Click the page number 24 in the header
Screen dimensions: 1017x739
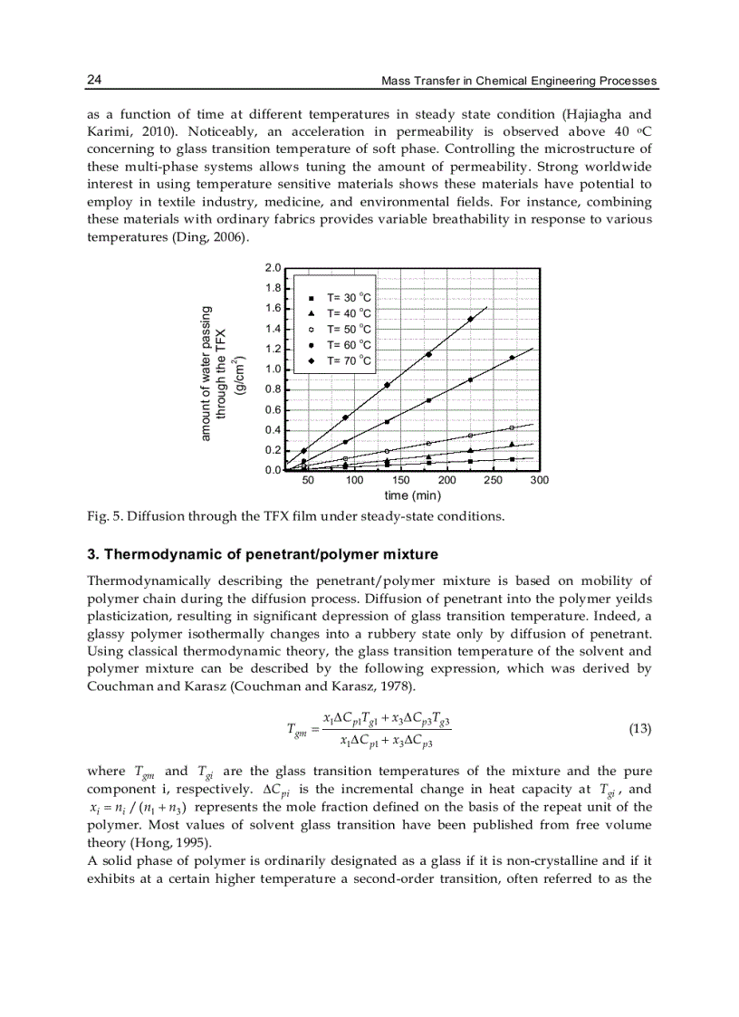coord(94,81)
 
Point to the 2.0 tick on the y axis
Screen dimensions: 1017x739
coord(273,268)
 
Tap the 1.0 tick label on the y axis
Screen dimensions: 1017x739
coord(273,369)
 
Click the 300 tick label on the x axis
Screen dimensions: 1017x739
coord(539,480)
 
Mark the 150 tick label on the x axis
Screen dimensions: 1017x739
coord(400,480)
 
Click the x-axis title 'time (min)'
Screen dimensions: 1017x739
coord(412,495)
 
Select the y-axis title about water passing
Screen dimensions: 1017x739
coord(217,373)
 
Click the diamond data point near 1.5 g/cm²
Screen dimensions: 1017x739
coord(470,319)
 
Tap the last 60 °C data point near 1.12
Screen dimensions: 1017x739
coord(512,358)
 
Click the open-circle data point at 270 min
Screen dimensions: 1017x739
coord(512,427)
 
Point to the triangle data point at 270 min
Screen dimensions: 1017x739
coord(512,444)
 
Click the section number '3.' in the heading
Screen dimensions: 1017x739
coord(92,554)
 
